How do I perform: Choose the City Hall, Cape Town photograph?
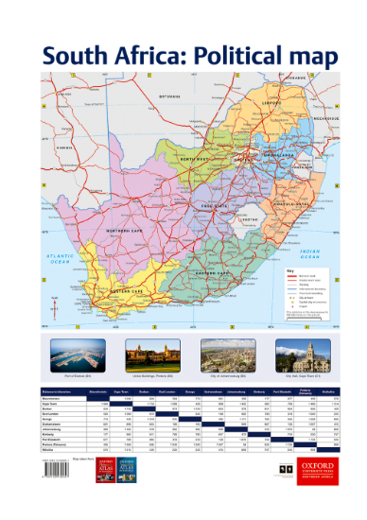[x=298, y=357]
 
